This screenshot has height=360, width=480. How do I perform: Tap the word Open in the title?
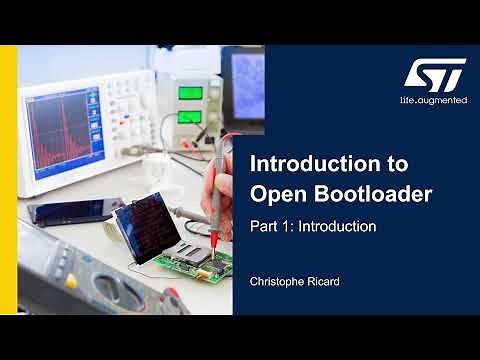(276, 193)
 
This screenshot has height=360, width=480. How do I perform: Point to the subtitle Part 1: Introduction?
(312, 227)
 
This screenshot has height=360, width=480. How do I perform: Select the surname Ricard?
(325, 283)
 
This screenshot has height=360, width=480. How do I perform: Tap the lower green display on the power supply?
(191, 117)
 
